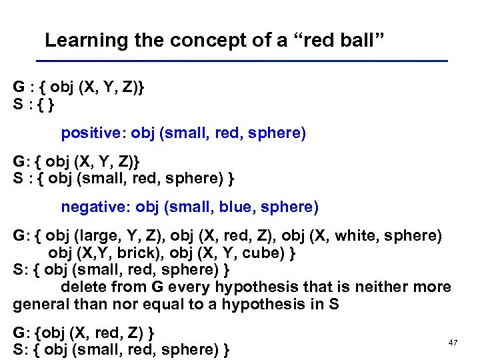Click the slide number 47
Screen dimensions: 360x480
[453, 342]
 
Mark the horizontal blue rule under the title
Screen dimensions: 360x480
[247, 61]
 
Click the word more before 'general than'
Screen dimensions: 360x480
[433, 287]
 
